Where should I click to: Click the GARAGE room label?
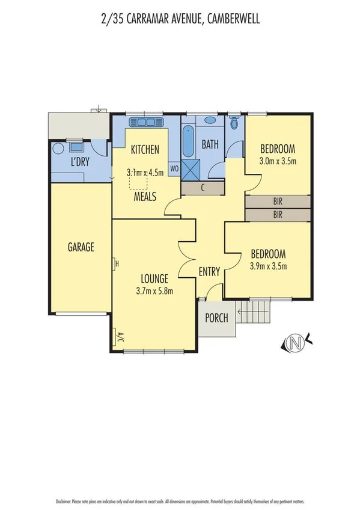[x=81, y=247]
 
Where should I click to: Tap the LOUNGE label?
[x=154, y=278]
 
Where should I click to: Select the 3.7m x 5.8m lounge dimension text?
[x=154, y=292]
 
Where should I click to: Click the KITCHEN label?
[x=145, y=150]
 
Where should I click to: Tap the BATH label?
[x=210, y=144]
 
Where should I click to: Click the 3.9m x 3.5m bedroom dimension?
[x=267, y=266]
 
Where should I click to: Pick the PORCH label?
[x=217, y=318]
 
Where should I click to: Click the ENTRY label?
[x=209, y=272]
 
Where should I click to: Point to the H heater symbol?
[x=117, y=263]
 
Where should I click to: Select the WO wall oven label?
[x=174, y=168]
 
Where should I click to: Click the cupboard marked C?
[x=203, y=188]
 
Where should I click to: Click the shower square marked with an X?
[x=192, y=168]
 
